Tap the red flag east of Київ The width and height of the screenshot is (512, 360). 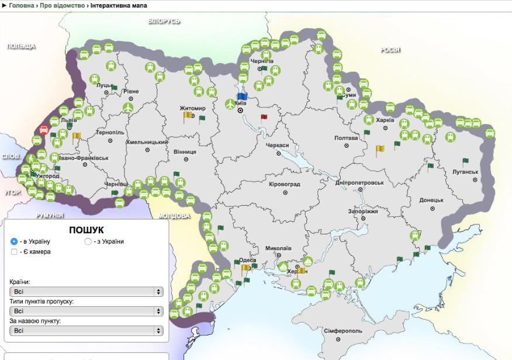coord(264,117)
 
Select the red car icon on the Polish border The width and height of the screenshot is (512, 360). coord(44,130)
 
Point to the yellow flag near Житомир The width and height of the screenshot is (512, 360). coord(188,116)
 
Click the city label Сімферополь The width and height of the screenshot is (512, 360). coord(343,331)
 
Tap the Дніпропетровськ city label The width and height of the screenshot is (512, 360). coord(359,182)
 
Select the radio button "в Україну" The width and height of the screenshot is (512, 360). coord(14,241)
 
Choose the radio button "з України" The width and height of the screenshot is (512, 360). coord(88,241)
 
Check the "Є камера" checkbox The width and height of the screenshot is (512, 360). coord(14,252)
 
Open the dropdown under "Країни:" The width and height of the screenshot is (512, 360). coord(86,292)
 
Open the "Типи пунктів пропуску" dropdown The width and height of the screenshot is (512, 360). coord(86,311)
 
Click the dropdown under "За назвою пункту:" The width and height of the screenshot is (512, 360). coord(86,331)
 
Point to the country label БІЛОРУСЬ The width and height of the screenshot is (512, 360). coord(164,21)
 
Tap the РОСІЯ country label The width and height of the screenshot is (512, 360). coord(390,50)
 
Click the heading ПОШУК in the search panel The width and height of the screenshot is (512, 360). coord(86,230)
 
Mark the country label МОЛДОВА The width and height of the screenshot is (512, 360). coord(173,216)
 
